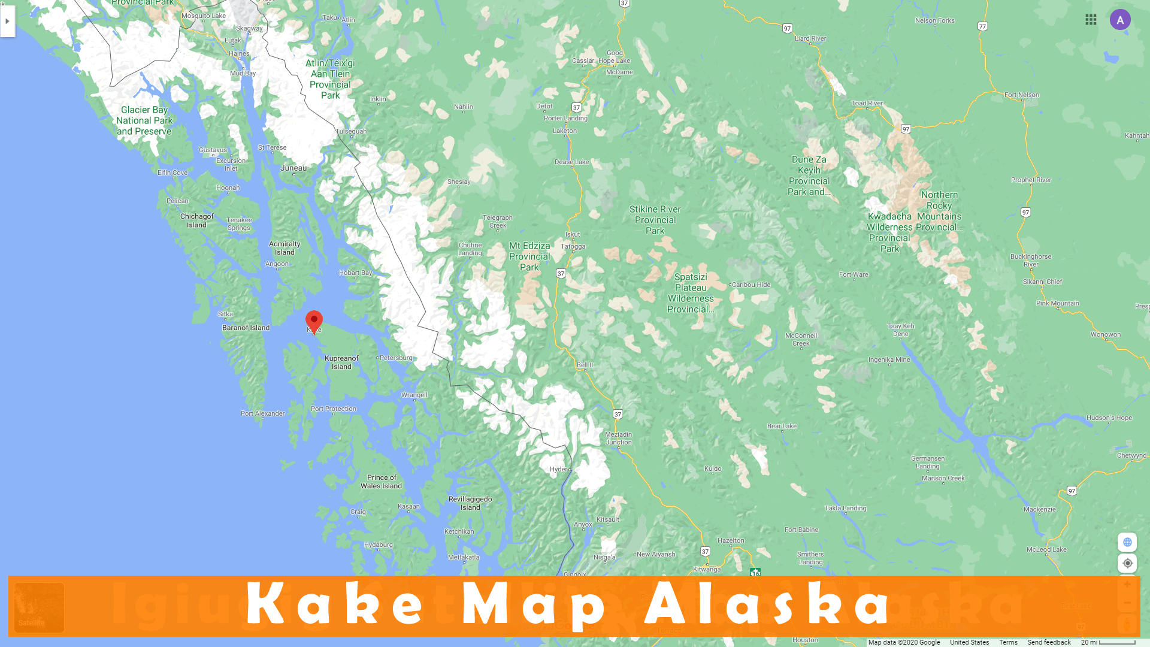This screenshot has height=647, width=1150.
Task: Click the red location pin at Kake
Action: coord(314,321)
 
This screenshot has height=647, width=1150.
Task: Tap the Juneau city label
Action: coord(293,168)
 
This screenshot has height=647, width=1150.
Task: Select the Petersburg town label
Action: coord(396,358)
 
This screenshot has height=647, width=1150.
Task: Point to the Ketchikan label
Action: coord(459,532)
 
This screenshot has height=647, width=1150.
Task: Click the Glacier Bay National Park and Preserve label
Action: coord(144,120)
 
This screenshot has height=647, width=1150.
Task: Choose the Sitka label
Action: coord(225,315)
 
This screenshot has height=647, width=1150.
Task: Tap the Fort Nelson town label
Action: coord(1022,95)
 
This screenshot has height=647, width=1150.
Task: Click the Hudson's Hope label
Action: coord(1109,418)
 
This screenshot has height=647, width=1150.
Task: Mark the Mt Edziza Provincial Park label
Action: coord(529,256)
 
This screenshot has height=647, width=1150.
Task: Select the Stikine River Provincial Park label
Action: coord(655,220)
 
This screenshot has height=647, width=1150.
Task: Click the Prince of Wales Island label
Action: coord(381,482)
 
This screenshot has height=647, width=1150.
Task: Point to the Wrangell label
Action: coord(414,395)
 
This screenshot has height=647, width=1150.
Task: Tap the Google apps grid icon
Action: coord(1091,20)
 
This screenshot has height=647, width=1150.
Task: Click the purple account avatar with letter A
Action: coord(1120,20)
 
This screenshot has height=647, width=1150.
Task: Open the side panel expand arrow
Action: coord(7,22)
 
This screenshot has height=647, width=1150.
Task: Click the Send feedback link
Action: coord(1049,642)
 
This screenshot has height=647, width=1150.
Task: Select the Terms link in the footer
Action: coord(1008,642)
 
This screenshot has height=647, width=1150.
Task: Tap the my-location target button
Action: coord(1127,563)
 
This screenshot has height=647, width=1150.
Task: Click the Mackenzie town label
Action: coord(1039,510)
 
